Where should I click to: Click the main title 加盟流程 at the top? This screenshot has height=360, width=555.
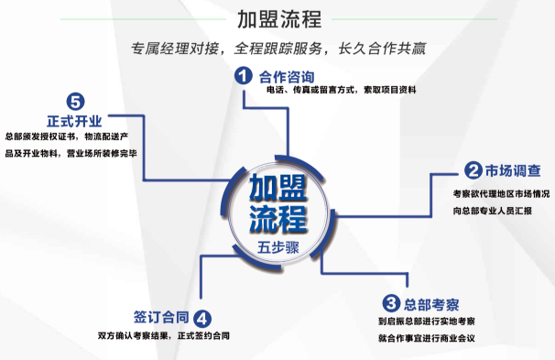point(277,19)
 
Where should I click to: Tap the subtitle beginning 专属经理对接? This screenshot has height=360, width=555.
point(277,48)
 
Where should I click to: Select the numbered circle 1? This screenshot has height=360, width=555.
point(243,76)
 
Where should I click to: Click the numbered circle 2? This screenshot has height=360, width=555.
point(473,170)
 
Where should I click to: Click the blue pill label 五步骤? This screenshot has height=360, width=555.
point(277,248)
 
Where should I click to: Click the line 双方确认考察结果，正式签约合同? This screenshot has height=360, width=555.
point(165,335)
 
